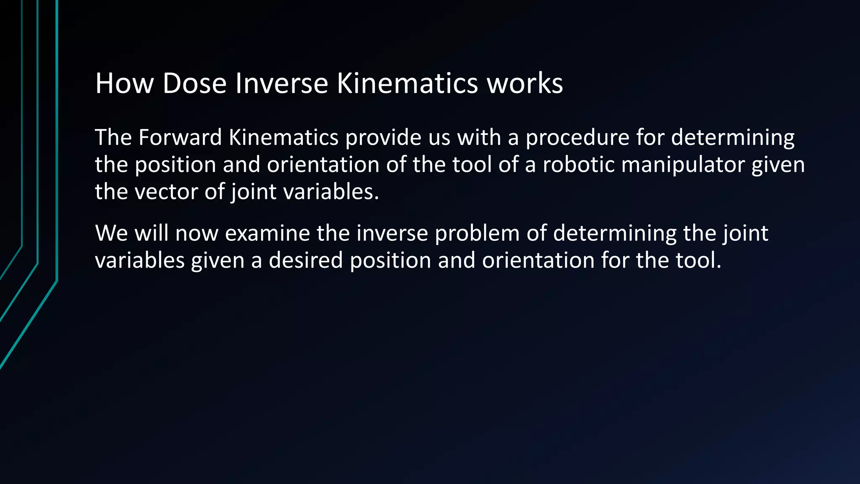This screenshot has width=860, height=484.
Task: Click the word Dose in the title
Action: click(194, 83)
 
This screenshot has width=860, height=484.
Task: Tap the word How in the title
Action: click(124, 83)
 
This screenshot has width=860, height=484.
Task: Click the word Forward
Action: click(180, 137)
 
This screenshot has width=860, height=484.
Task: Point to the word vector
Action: click(166, 192)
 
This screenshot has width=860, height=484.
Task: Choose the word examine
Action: click(267, 233)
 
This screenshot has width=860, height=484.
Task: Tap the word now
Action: click(197, 233)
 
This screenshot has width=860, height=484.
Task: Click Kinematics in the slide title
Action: click(407, 83)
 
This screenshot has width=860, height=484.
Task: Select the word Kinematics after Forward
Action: click(283, 137)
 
